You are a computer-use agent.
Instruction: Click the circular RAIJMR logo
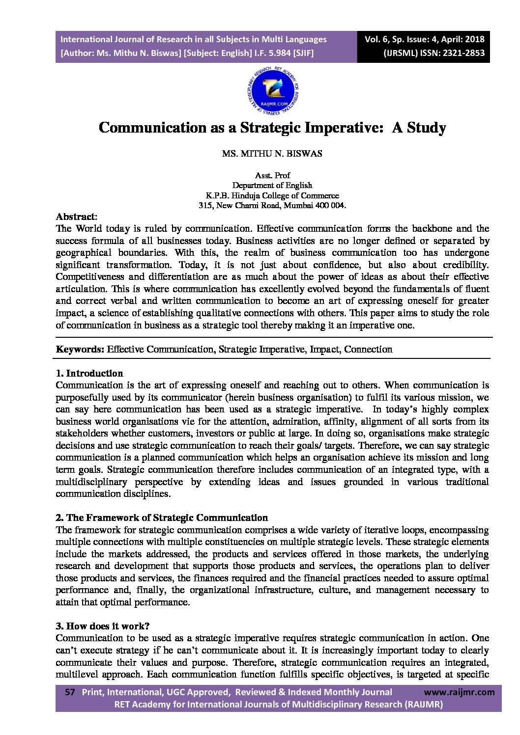(272, 92)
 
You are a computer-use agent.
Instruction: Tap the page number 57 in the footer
(70, 692)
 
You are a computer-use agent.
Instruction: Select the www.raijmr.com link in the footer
(459, 692)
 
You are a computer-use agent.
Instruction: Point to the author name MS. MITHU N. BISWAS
(272, 154)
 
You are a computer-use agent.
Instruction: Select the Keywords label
(80, 350)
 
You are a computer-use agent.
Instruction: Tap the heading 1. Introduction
(89, 373)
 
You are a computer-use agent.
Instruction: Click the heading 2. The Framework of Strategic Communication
(162, 517)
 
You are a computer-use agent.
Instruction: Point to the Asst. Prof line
(272, 175)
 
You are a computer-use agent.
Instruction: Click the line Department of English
(272, 185)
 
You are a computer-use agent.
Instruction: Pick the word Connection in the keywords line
(368, 350)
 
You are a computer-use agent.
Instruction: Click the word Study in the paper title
(426, 128)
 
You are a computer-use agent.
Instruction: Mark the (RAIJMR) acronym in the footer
(423, 705)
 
